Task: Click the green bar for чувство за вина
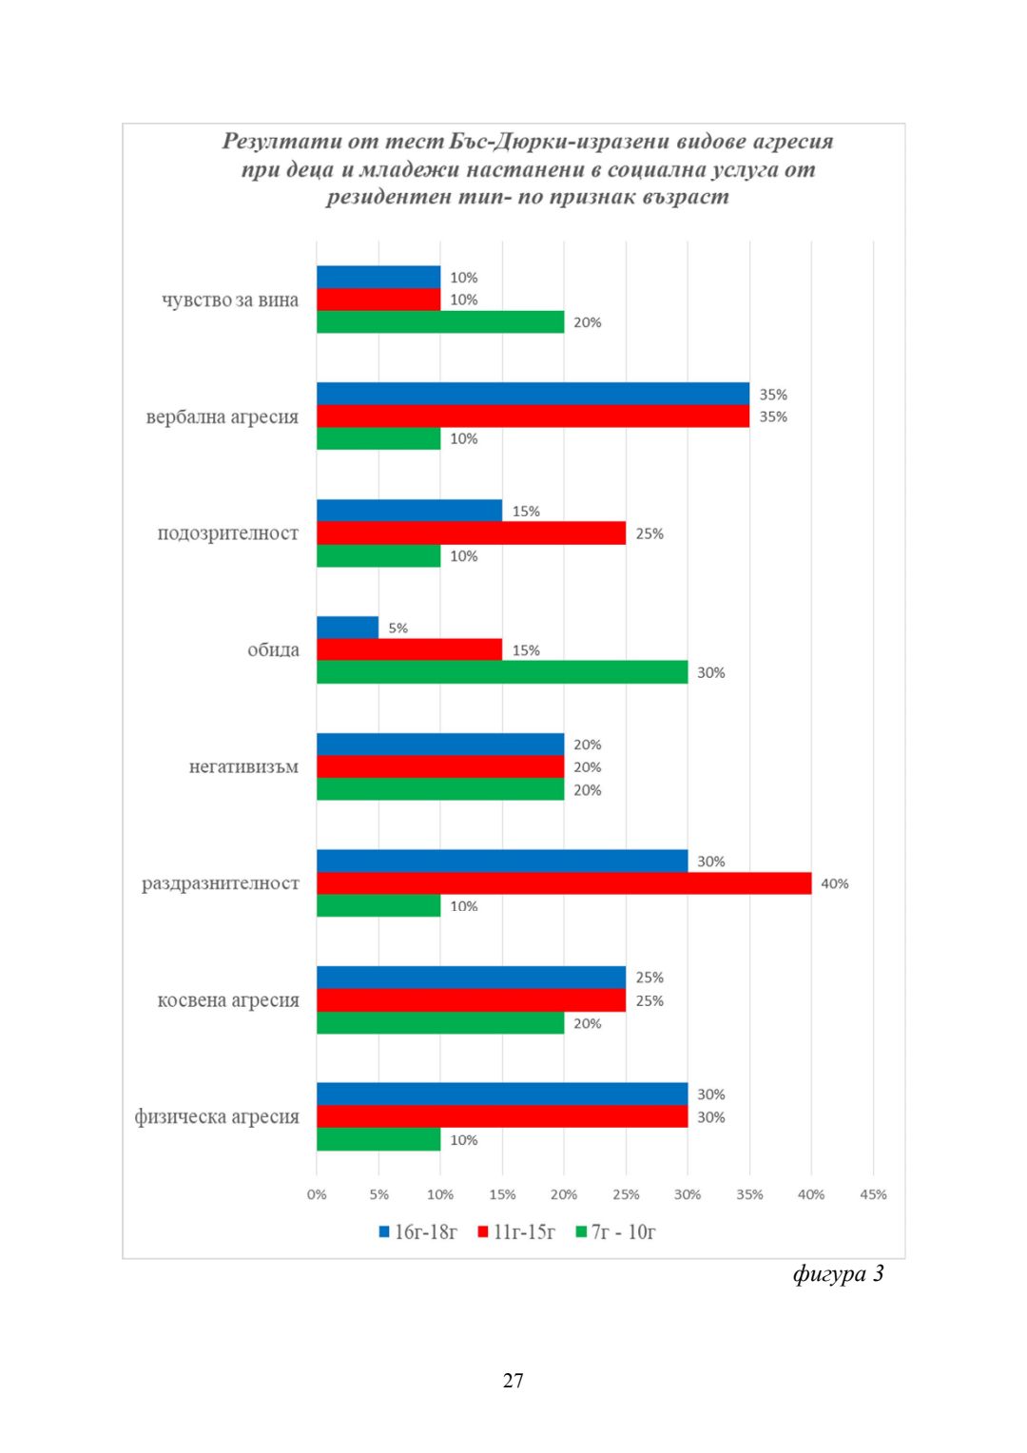(x=440, y=322)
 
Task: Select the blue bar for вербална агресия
(x=533, y=394)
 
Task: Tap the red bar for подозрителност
(x=471, y=533)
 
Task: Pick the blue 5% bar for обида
(x=347, y=628)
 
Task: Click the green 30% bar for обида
(x=502, y=672)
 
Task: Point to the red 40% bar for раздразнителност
(x=564, y=883)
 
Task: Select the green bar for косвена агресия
(x=440, y=1023)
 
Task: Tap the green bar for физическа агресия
(x=378, y=1139)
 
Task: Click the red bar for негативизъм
(x=440, y=766)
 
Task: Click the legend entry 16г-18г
(x=418, y=1232)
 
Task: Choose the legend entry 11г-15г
(x=516, y=1232)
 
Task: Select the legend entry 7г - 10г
(x=615, y=1232)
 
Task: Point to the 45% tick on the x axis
(x=873, y=1194)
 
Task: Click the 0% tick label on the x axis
(x=317, y=1194)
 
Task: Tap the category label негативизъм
(x=243, y=766)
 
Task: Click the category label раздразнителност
(x=221, y=883)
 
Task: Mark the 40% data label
(x=835, y=883)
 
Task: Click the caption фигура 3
(x=838, y=1273)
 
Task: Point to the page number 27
(x=513, y=1381)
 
